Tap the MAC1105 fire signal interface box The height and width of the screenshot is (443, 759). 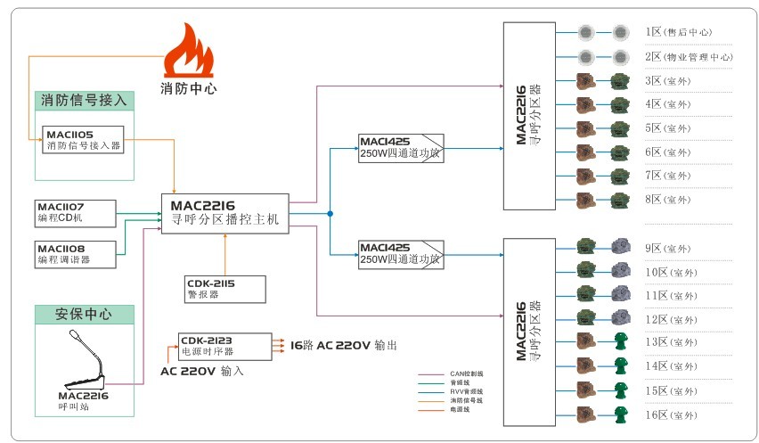[x=84, y=141]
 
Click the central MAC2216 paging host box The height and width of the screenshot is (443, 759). [x=224, y=214]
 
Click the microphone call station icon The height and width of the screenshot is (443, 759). [x=84, y=361]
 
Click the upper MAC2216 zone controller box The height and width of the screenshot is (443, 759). [x=528, y=116]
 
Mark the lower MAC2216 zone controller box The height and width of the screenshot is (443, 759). [x=528, y=332]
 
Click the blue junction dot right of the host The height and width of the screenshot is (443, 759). [x=330, y=214]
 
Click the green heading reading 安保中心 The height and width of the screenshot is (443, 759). [x=84, y=314]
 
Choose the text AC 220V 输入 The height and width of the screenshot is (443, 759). [x=202, y=371]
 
